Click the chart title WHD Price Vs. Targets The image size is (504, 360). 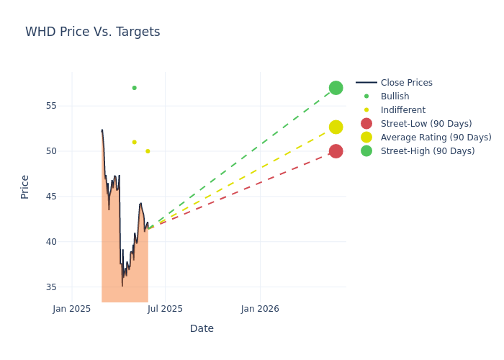[92, 32]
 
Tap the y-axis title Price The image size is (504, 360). [25, 186]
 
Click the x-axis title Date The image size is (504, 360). [202, 328]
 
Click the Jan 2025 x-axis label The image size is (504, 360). [72, 309]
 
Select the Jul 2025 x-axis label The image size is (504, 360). [166, 309]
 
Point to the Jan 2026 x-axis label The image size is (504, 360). [260, 309]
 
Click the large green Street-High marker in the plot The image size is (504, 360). [336, 88]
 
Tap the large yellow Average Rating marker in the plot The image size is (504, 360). [336, 127]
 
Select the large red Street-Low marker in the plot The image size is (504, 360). [336, 151]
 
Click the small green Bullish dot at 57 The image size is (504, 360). [134, 88]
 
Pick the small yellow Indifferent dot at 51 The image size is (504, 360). [134, 142]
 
